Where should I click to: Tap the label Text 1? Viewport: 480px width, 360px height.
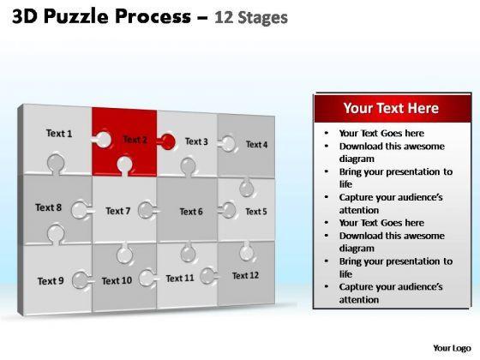click(x=59, y=134)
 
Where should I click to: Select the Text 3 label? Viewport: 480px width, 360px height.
click(x=196, y=141)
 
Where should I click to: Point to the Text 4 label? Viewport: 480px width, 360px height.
click(x=256, y=145)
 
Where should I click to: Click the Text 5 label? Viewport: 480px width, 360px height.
click(x=256, y=212)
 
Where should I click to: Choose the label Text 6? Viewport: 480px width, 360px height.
click(x=191, y=212)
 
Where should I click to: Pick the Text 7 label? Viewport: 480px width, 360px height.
click(x=118, y=211)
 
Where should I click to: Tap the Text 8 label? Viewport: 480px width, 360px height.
click(x=48, y=207)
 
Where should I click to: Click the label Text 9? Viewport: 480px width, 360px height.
click(x=51, y=281)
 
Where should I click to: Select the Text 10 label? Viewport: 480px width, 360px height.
click(x=117, y=281)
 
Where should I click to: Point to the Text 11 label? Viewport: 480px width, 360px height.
click(x=180, y=279)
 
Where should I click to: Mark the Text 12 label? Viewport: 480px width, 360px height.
click(x=245, y=275)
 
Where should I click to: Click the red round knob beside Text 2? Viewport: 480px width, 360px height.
click(x=168, y=141)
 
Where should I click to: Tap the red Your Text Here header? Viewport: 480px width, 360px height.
click(x=393, y=108)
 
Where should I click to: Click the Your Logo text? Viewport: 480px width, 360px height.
click(x=452, y=348)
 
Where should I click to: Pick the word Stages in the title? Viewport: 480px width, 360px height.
click(x=262, y=18)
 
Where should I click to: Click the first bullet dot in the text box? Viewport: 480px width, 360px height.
click(x=327, y=133)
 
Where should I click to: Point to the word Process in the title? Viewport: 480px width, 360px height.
click(x=153, y=17)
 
